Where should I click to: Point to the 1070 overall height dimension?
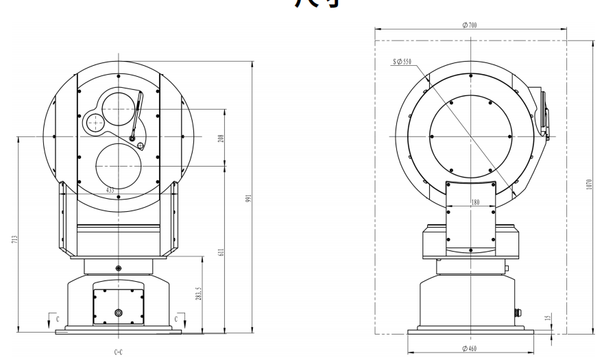[x=588, y=186]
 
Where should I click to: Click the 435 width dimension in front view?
[x=110, y=189]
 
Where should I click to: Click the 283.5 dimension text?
[x=200, y=295]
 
